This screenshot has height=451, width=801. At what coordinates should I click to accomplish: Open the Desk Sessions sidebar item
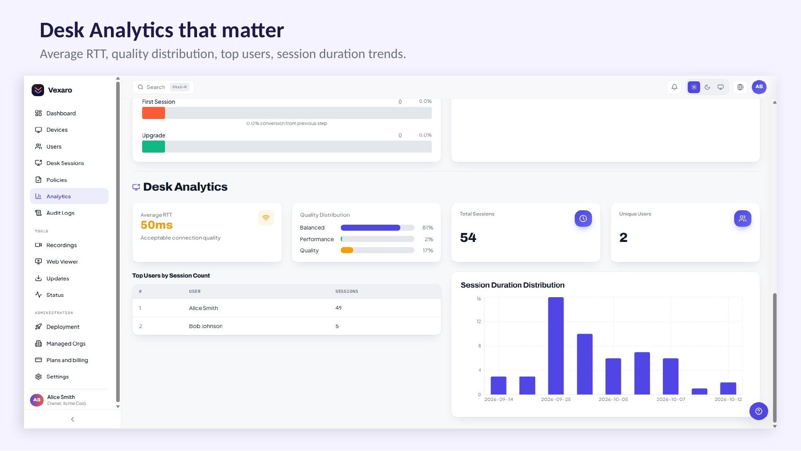pyautogui.click(x=65, y=163)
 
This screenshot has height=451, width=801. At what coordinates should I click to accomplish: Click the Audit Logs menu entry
pyautogui.click(x=60, y=213)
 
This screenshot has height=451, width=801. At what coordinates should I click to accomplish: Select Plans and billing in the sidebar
pyautogui.click(x=67, y=360)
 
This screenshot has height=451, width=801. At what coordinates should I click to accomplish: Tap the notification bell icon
pyautogui.click(x=674, y=87)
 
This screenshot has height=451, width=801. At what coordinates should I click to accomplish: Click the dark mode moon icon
pyautogui.click(x=707, y=87)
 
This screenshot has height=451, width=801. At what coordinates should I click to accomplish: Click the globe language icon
pyautogui.click(x=740, y=87)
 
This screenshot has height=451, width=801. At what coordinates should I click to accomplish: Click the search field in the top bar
pyautogui.click(x=163, y=87)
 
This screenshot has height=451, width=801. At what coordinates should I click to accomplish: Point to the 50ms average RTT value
pyautogui.click(x=157, y=225)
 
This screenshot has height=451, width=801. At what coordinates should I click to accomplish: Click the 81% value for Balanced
pyautogui.click(x=428, y=228)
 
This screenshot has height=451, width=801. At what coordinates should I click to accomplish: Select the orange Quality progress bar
pyautogui.click(x=347, y=250)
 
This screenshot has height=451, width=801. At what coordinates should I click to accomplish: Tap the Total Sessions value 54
pyautogui.click(x=468, y=238)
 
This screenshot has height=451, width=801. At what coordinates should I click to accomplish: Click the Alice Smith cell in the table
pyautogui.click(x=203, y=308)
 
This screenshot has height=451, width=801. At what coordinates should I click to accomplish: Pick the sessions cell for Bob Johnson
pyautogui.click(x=337, y=326)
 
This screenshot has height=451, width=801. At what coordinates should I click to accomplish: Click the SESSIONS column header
pyautogui.click(x=347, y=291)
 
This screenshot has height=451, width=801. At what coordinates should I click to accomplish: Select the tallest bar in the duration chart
pyautogui.click(x=556, y=346)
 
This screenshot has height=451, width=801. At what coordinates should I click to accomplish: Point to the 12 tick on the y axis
pyautogui.click(x=479, y=322)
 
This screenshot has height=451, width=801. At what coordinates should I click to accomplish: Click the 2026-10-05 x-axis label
pyautogui.click(x=613, y=399)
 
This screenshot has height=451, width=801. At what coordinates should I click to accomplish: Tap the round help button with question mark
pyautogui.click(x=759, y=411)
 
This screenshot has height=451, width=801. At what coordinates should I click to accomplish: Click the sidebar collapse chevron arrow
pyautogui.click(x=72, y=419)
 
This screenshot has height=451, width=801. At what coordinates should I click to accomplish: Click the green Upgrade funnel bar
pyautogui.click(x=153, y=147)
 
